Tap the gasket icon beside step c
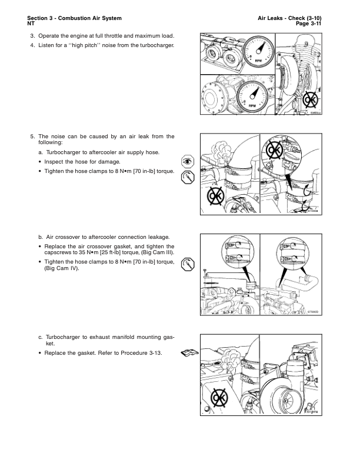[x=188, y=353]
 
